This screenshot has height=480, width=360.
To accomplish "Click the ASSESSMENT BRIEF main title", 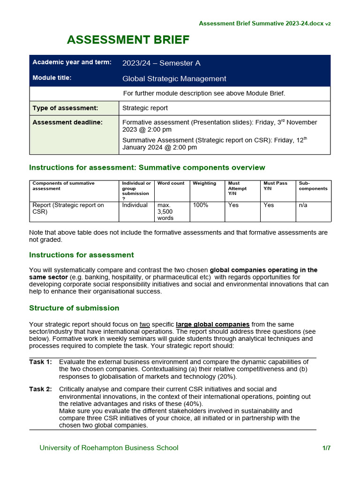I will [x=128, y=40].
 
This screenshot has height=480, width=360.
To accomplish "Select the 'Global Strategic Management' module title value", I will [x=174, y=79].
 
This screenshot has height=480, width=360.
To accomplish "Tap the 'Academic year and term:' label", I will [x=72, y=62].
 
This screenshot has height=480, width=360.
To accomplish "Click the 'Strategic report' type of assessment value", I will [x=145, y=108].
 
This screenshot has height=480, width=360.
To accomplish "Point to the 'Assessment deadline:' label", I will [x=67, y=122].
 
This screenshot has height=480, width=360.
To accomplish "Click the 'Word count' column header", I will [x=171, y=183].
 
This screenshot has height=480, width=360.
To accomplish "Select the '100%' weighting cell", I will [x=200, y=205].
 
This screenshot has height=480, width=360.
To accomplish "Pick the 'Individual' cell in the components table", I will [x=135, y=205].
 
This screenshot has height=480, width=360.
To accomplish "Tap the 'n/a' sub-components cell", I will [x=304, y=205].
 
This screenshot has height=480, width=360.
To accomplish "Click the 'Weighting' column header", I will [x=204, y=183].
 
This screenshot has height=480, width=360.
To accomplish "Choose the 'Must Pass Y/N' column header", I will [x=275, y=186].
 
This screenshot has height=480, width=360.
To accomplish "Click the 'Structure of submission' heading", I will [x=74, y=308].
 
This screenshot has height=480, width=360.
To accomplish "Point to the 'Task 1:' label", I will [x=40, y=362].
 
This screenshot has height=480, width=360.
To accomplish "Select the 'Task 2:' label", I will [x=40, y=389].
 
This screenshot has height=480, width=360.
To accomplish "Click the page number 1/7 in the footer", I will [x=326, y=448].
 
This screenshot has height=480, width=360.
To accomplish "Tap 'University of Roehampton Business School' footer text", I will [x=109, y=448].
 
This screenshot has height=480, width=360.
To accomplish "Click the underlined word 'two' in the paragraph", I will [x=145, y=324].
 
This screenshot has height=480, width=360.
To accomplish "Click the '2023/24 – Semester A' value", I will [x=161, y=63].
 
